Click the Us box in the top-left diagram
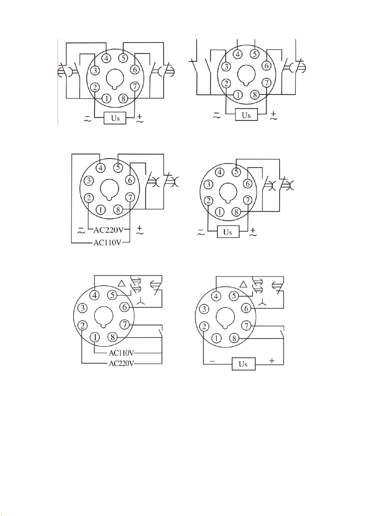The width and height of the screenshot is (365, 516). click(115, 118)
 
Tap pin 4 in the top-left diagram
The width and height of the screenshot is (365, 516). click(106, 58)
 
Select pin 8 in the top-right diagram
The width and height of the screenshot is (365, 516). click(255, 95)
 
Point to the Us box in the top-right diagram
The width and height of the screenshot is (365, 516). click(246, 115)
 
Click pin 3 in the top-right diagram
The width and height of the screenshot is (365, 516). click(226, 66)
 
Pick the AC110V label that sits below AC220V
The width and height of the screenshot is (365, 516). click(107, 243)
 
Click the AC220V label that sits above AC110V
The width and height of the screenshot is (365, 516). click(108, 230)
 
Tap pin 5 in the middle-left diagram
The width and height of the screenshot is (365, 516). click(118, 167)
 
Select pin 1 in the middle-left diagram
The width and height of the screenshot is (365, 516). click(101, 209)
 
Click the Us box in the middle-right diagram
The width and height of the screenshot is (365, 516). click(228, 232)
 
